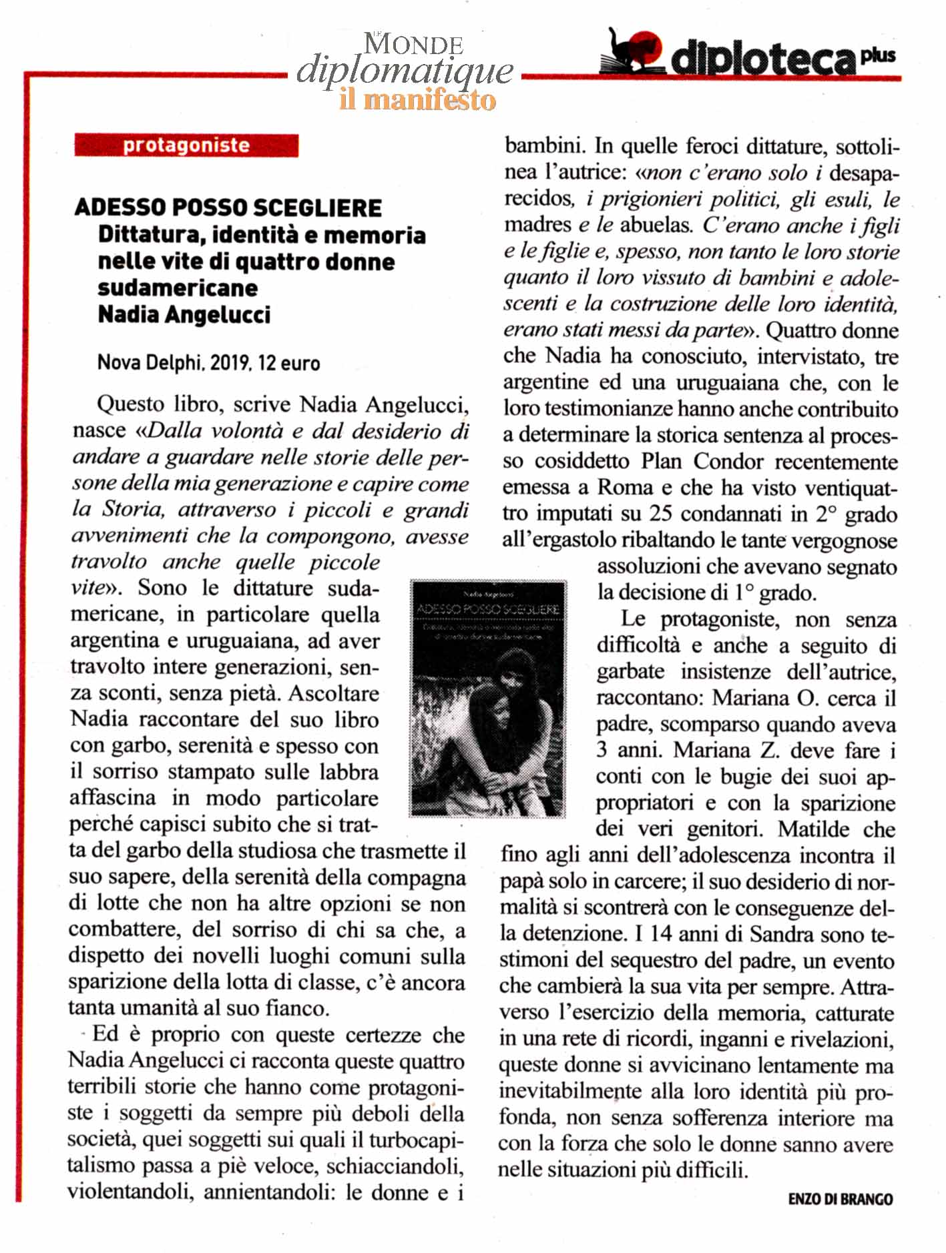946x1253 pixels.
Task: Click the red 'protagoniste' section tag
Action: pyautogui.click(x=186, y=145)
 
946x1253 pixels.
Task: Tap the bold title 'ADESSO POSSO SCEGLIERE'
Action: pyautogui.click(x=228, y=207)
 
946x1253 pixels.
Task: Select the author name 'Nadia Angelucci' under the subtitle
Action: pyautogui.click(x=184, y=314)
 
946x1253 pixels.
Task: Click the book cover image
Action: pyautogui.click(x=487, y=698)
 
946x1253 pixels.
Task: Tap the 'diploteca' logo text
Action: pyautogui.click(x=762, y=60)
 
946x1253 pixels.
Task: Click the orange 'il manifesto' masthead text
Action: pyautogui.click(x=418, y=100)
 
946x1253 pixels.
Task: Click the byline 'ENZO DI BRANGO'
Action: pyautogui.click(x=841, y=1199)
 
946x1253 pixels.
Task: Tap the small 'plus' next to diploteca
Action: pyautogui.click(x=878, y=56)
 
